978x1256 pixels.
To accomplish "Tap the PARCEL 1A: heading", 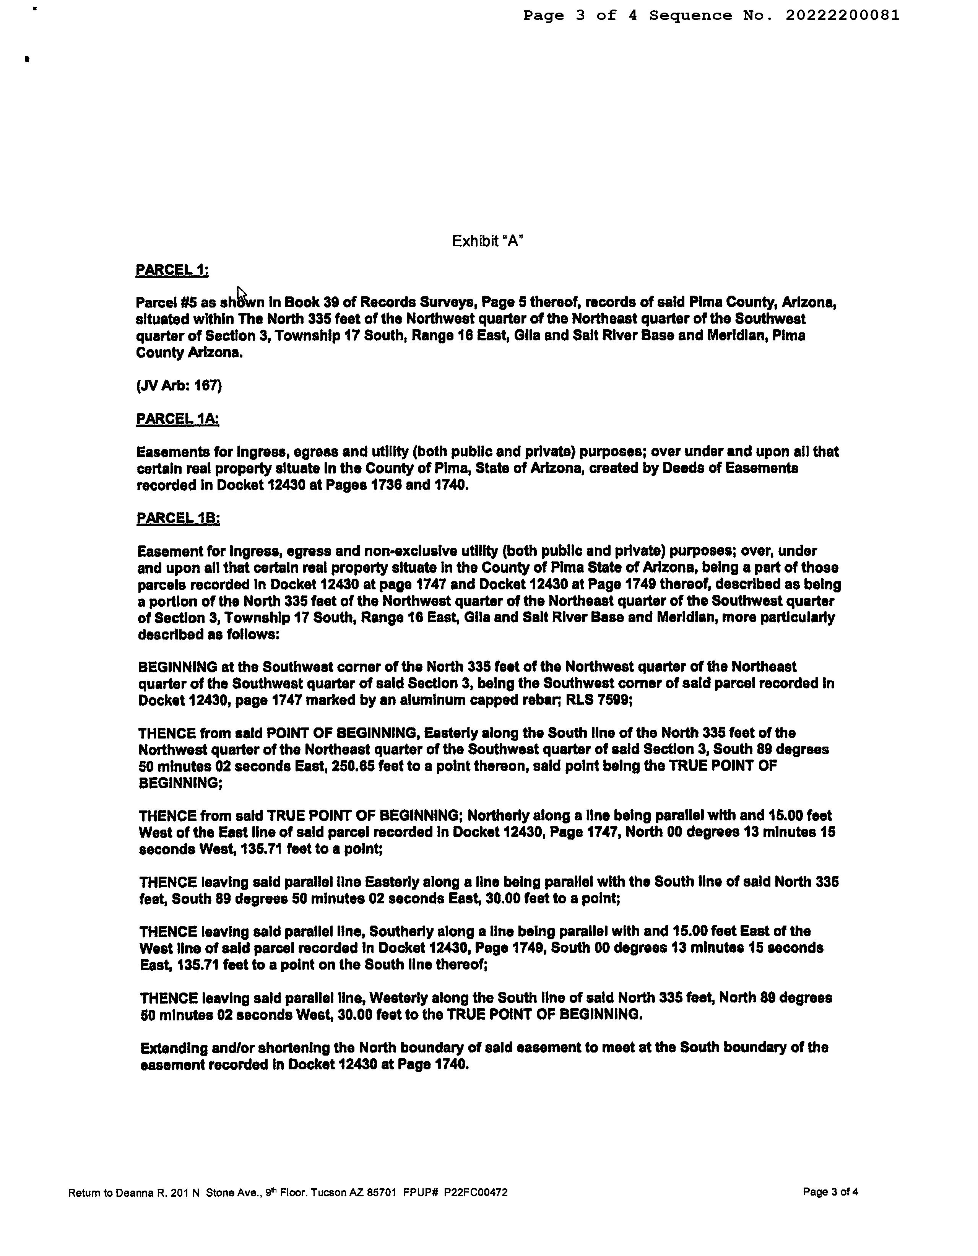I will tap(178, 419).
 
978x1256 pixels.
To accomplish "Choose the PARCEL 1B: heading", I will tap(178, 518).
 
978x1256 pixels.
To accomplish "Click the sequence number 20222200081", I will tap(842, 16).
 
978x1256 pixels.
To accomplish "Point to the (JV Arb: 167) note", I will tap(179, 385).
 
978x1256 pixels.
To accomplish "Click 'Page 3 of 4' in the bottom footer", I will tap(830, 1192).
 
